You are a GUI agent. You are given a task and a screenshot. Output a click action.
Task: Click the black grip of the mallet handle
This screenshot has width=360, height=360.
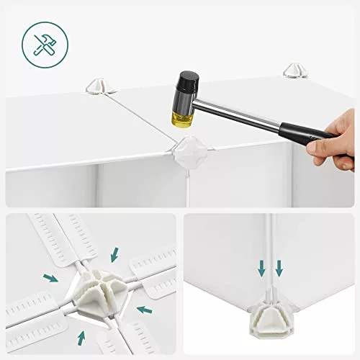point(302,133)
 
